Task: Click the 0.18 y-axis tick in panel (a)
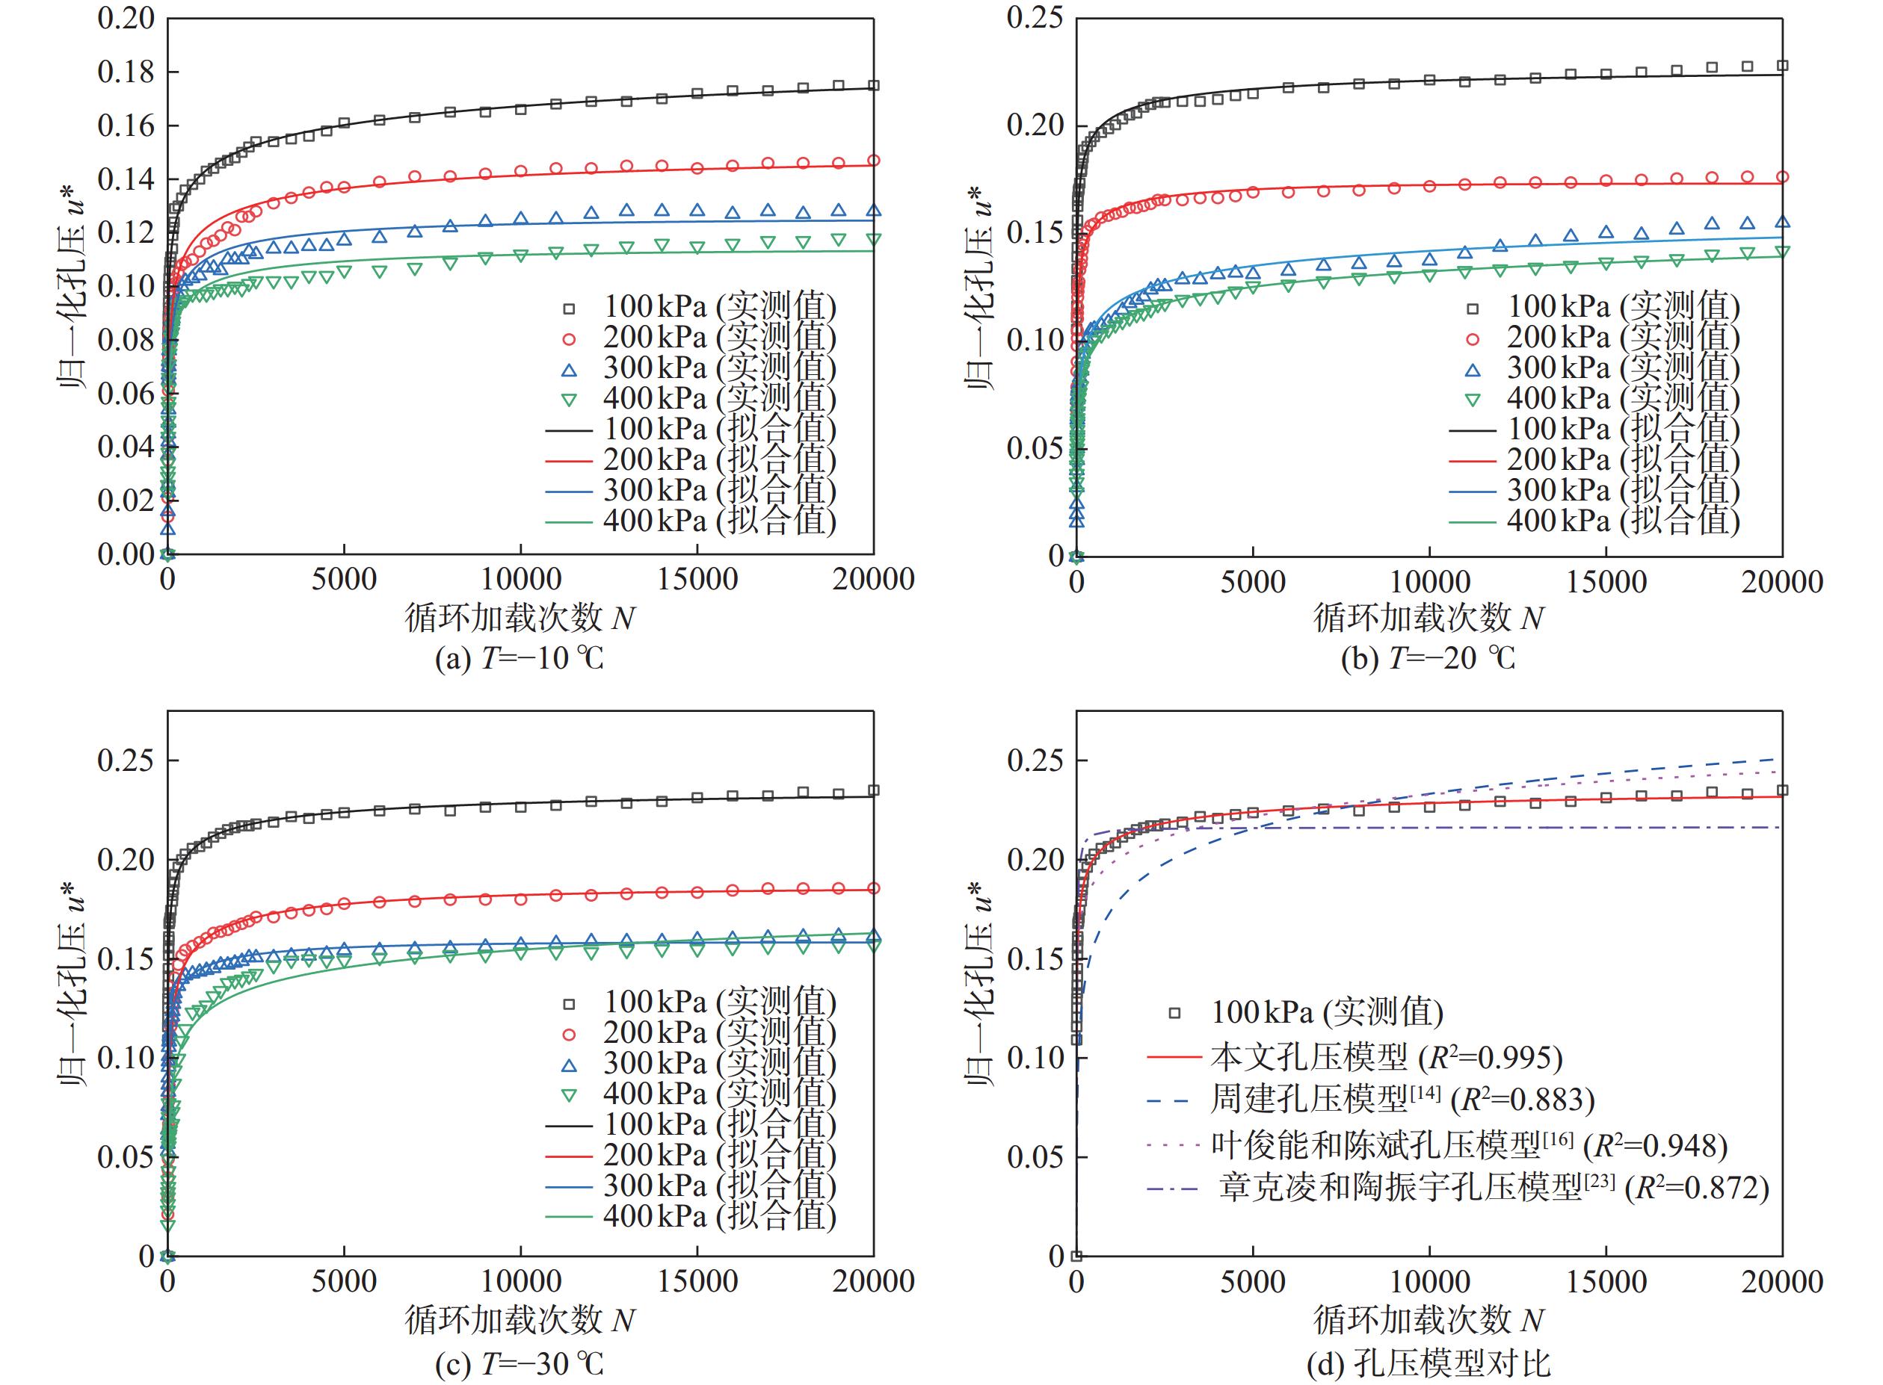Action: (126, 72)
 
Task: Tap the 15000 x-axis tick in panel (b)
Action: (1606, 582)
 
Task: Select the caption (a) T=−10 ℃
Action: (520, 659)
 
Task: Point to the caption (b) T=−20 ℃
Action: (1428, 659)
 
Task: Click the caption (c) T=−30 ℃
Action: (520, 1364)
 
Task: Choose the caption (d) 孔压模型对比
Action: (1428, 1364)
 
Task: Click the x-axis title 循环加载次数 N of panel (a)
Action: (520, 619)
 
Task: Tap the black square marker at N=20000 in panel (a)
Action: (873, 85)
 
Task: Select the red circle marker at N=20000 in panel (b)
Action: (1782, 177)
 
